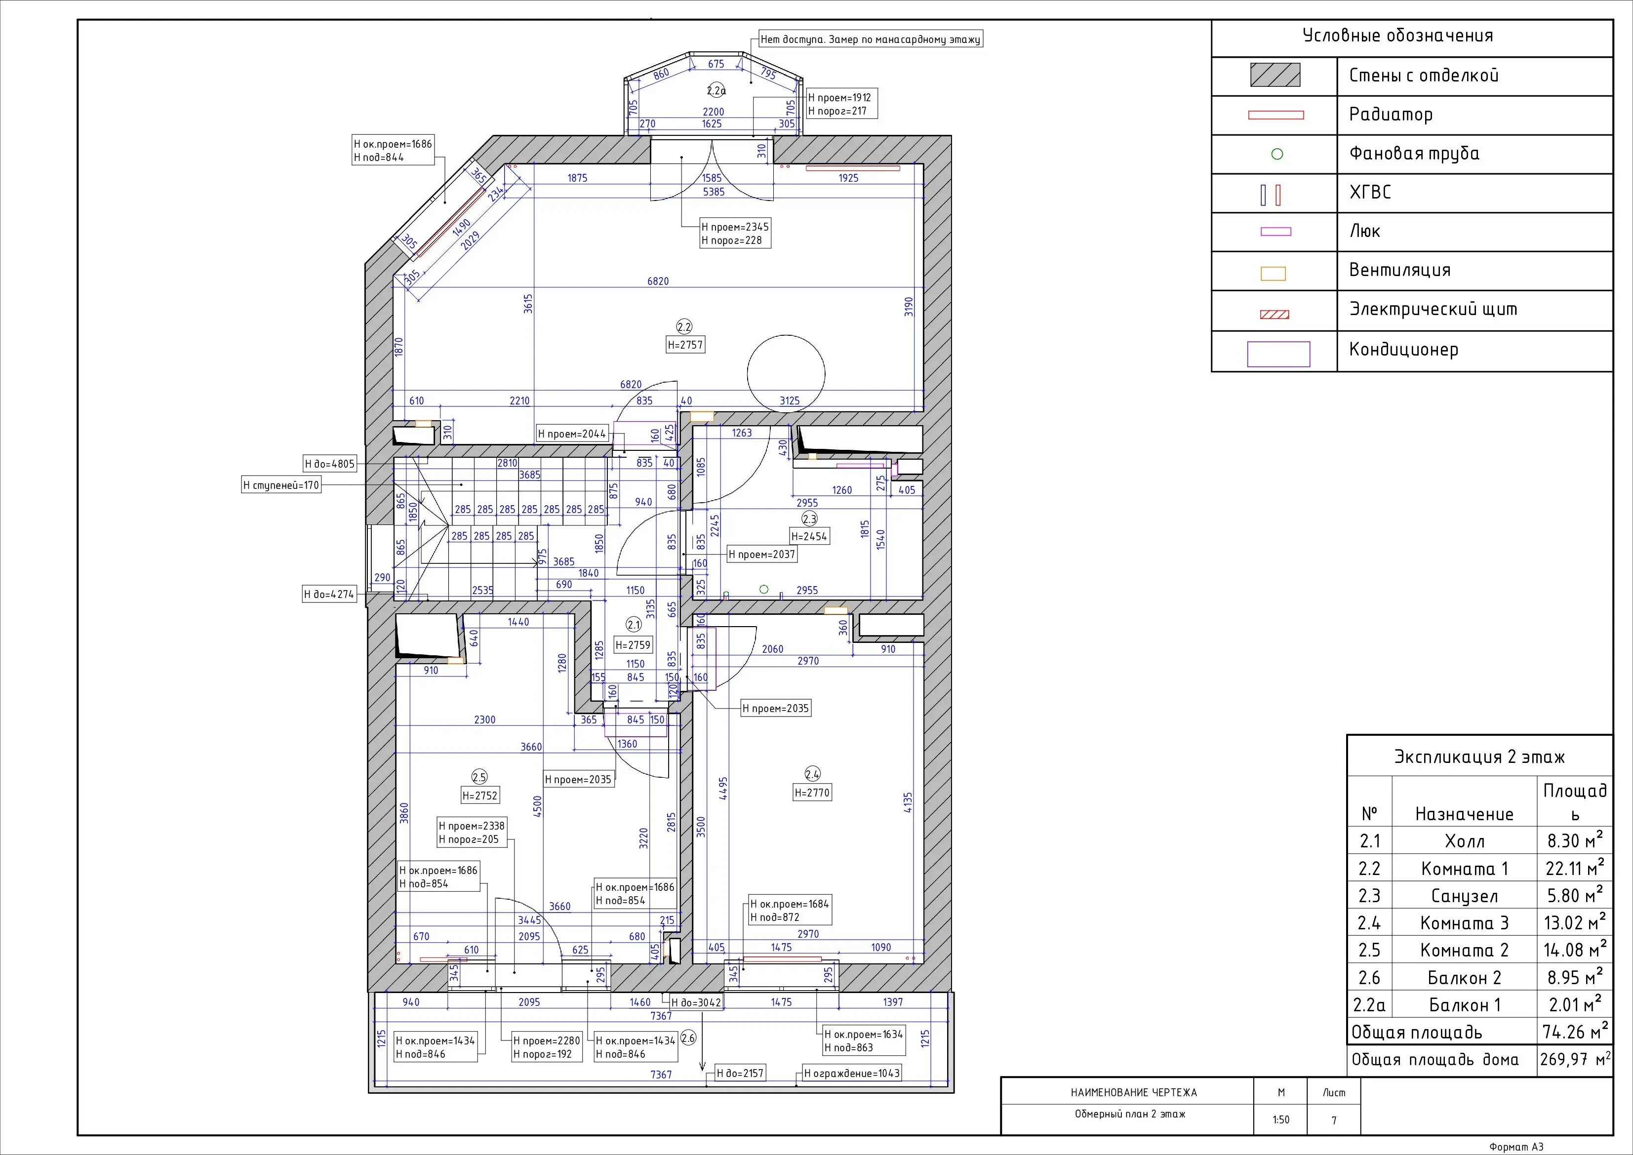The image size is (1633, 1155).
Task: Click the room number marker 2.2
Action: (684, 327)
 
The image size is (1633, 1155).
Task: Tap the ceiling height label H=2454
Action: (809, 536)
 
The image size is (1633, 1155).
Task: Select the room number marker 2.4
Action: (812, 774)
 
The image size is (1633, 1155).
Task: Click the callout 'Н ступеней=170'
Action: (281, 485)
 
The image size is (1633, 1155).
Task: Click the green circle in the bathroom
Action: (764, 590)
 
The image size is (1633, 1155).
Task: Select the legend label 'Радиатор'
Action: (1391, 115)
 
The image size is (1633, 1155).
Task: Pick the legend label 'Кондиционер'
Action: (1404, 350)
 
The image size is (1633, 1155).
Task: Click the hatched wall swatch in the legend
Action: (1275, 76)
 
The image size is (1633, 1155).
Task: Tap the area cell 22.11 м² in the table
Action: (1575, 868)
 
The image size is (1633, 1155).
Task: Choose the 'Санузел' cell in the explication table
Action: (1465, 896)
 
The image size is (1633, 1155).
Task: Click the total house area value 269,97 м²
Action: (1575, 1059)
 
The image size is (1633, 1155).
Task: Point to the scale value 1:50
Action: (1281, 1119)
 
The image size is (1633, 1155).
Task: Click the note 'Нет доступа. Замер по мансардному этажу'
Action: (871, 40)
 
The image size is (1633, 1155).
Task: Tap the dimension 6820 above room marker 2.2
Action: (658, 281)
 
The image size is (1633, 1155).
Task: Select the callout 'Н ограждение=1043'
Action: (851, 1073)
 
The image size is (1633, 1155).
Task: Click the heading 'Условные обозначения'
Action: (1397, 36)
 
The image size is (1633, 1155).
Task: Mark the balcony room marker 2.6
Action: (688, 1038)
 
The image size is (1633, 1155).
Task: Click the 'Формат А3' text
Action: (1517, 1147)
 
